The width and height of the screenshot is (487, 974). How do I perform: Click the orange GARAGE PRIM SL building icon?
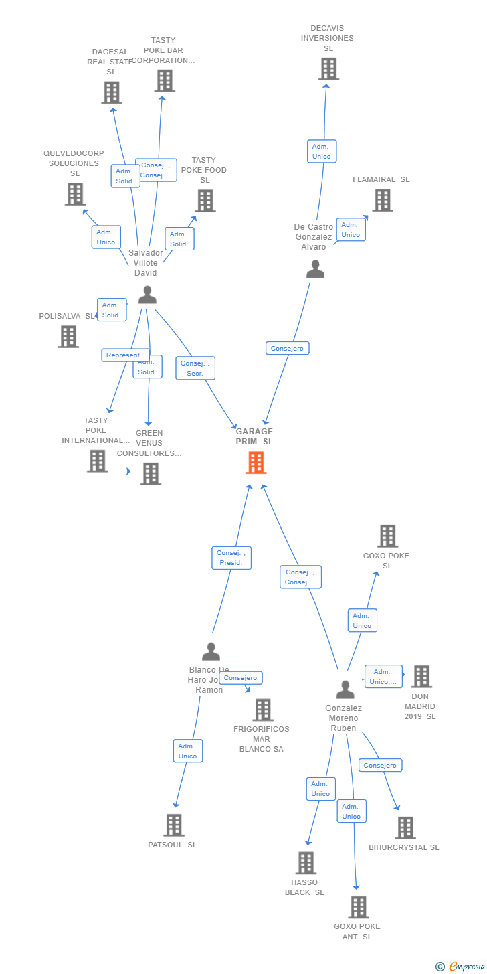pyautogui.click(x=256, y=463)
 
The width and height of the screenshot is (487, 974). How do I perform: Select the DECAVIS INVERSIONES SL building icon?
pyautogui.click(x=328, y=69)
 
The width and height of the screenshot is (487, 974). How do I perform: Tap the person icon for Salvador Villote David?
pyautogui.click(x=147, y=295)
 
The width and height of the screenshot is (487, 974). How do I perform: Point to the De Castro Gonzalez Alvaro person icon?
pyautogui.click(x=315, y=268)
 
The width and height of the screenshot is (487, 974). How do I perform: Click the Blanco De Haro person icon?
pyautogui.click(x=211, y=651)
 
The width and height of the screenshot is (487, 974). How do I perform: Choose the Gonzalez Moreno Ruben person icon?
pyautogui.click(x=345, y=689)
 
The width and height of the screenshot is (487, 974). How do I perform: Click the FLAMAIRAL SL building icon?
pyautogui.click(x=382, y=200)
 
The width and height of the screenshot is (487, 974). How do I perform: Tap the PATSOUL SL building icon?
pyautogui.click(x=174, y=825)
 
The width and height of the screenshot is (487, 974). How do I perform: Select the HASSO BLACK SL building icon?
pyautogui.click(x=306, y=863)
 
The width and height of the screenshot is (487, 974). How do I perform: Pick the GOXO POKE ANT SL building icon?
pyautogui.click(x=359, y=907)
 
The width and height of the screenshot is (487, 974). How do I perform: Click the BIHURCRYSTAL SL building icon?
pyautogui.click(x=405, y=828)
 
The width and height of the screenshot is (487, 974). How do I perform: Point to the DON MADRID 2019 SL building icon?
pyautogui.click(x=421, y=677)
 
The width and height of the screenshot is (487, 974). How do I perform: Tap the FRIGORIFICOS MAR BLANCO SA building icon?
pyautogui.click(x=263, y=710)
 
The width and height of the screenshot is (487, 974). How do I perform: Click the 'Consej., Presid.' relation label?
pyautogui.click(x=231, y=558)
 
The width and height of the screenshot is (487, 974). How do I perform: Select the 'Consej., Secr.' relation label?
pyautogui.click(x=195, y=368)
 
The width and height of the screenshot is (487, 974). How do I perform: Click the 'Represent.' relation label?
pyautogui.click(x=124, y=355)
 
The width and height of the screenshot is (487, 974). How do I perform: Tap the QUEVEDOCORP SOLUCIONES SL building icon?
pyautogui.click(x=75, y=194)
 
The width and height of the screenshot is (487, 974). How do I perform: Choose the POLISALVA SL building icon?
pyautogui.click(x=68, y=337)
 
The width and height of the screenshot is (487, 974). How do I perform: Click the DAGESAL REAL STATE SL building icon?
pyautogui.click(x=112, y=92)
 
